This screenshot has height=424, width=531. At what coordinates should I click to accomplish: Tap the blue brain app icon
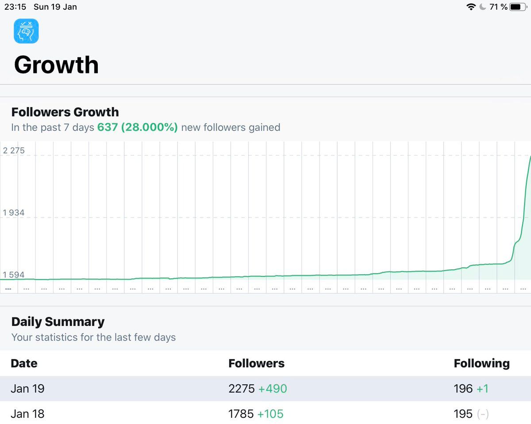[x=26, y=31]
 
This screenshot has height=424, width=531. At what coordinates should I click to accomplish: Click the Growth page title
[x=56, y=65]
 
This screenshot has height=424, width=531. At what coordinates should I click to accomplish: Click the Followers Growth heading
[x=65, y=112]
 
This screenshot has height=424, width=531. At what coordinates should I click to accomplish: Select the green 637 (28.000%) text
[x=138, y=128]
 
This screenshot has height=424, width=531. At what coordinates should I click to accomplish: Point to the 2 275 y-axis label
[x=14, y=151]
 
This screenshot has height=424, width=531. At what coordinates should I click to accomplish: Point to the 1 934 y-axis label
[x=14, y=213]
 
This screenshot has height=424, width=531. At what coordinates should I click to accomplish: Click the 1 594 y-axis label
[x=14, y=275]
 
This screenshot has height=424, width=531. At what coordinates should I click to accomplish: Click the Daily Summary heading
[x=58, y=321]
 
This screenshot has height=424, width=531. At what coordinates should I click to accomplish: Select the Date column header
[x=24, y=363]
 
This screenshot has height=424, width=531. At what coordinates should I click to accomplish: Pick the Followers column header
[x=256, y=363]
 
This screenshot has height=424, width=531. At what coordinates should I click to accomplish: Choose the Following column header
[x=481, y=363]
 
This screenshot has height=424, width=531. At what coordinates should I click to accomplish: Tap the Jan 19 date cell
[x=27, y=389]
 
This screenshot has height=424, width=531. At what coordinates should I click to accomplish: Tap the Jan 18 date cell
[x=27, y=414]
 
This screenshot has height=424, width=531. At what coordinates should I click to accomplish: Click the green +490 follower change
[x=273, y=389]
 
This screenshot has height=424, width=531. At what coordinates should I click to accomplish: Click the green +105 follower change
[x=270, y=414]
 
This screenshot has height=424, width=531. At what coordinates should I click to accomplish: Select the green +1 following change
[x=482, y=389]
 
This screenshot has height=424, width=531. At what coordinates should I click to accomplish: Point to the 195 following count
[x=463, y=414]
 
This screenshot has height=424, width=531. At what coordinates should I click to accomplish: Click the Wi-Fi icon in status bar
[x=471, y=7]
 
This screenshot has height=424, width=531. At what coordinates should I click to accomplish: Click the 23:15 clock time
[x=15, y=7]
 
